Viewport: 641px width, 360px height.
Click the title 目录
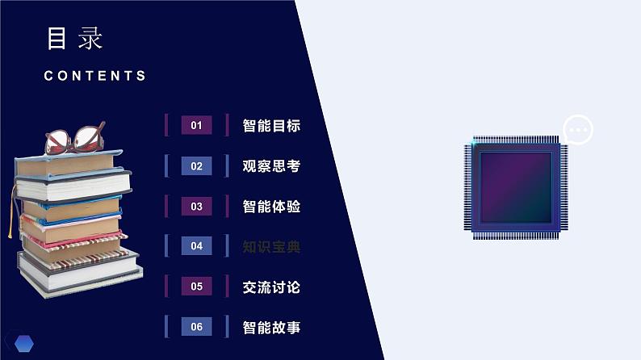tap(76, 38)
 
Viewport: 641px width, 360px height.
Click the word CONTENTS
tap(95, 76)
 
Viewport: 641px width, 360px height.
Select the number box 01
tap(196, 125)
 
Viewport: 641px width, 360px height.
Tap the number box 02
tap(196, 166)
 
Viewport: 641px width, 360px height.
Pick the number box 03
tap(196, 207)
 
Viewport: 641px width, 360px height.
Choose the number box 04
tap(196, 246)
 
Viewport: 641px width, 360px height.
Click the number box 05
tap(196, 287)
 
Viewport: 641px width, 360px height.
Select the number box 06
tap(196, 327)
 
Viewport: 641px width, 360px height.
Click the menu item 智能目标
tap(271, 126)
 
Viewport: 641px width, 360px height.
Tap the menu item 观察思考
tap(271, 166)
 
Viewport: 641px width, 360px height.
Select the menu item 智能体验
tap(271, 207)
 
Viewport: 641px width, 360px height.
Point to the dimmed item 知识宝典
tap(271, 247)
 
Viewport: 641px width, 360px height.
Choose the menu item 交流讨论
tap(271, 287)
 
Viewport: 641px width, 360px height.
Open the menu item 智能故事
tap(271, 328)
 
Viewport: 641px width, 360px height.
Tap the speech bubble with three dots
tap(577, 129)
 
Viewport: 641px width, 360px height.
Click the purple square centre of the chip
tap(514, 187)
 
